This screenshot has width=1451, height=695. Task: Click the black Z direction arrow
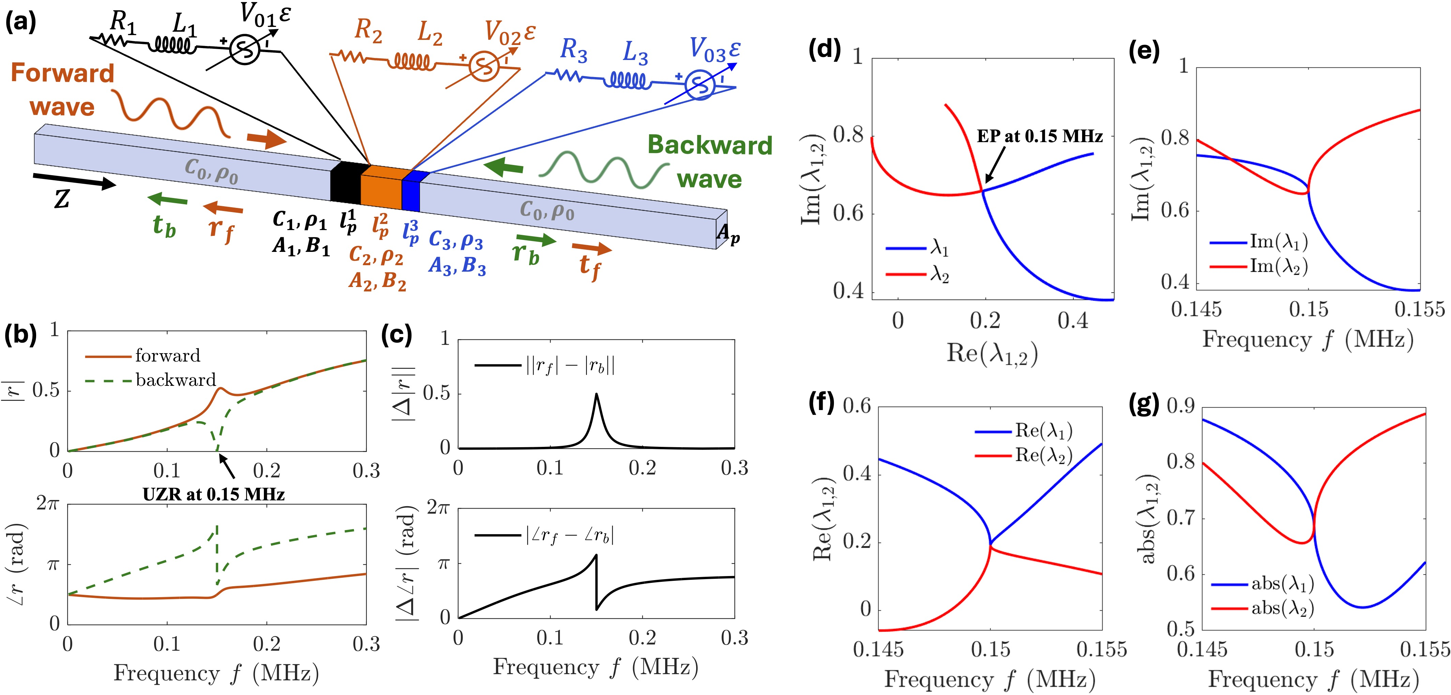pos(73,181)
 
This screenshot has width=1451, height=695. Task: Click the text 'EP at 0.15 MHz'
pos(1039,136)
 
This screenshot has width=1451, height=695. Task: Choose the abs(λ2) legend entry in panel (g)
pos(1282,608)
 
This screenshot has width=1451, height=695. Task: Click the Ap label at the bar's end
pos(728,232)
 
